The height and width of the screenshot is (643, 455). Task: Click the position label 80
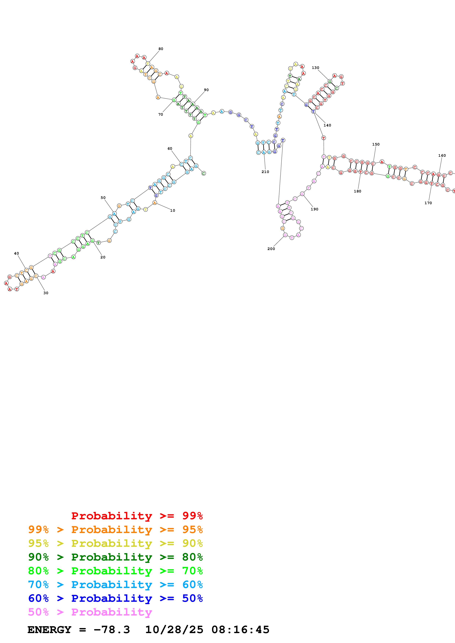[x=161, y=49]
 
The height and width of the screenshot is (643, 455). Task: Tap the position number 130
[x=315, y=68]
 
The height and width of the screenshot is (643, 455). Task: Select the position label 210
[x=265, y=172]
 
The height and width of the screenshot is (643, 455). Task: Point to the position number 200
[x=271, y=249]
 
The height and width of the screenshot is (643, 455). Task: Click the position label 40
[x=17, y=253]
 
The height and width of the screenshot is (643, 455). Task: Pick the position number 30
[x=46, y=293]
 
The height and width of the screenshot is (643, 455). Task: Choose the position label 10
[x=173, y=210]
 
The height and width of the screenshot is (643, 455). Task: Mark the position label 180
[x=357, y=191]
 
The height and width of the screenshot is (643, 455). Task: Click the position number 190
[x=315, y=209]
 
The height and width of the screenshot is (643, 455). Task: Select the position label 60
[x=170, y=148]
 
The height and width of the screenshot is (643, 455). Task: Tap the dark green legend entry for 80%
[x=115, y=557]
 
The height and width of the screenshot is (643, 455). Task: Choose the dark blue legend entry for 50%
[x=115, y=598]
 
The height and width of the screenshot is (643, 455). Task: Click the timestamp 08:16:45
[x=240, y=630]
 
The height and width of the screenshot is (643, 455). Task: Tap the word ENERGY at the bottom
[x=49, y=630]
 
